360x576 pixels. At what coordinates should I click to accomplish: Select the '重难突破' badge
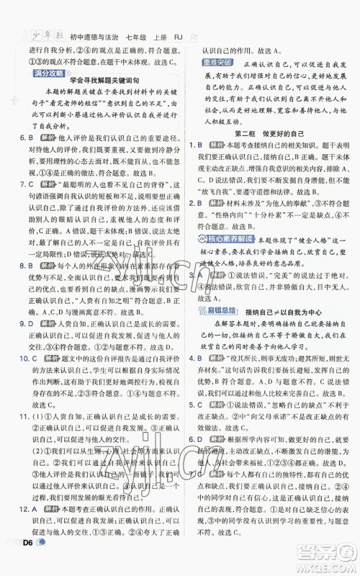216,65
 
